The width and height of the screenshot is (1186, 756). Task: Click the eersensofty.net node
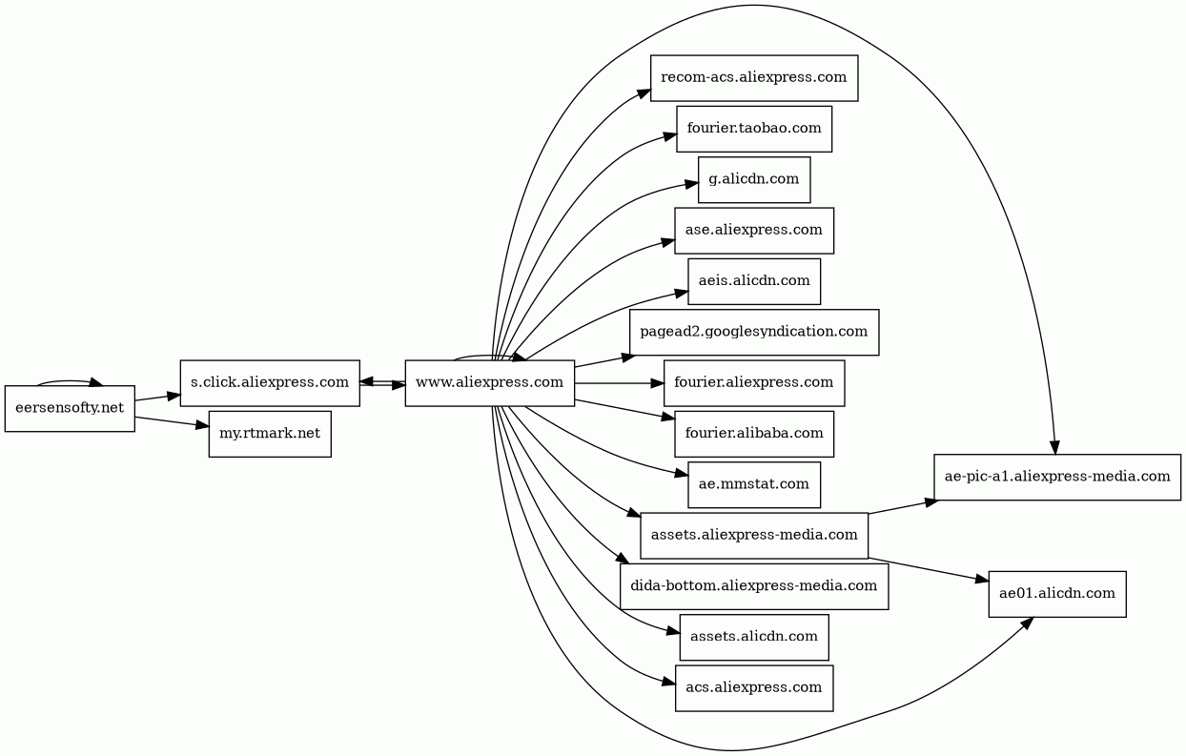(x=70, y=409)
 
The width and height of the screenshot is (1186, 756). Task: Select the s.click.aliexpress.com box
(x=270, y=383)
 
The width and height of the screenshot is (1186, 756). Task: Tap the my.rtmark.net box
(x=270, y=435)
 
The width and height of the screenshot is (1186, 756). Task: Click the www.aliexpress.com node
(x=489, y=383)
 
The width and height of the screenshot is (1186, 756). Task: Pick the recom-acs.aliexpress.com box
(x=754, y=78)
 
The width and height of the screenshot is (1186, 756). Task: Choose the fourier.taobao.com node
(x=754, y=129)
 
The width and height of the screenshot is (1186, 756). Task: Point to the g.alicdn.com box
(x=754, y=180)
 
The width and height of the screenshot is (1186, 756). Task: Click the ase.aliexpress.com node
(x=754, y=231)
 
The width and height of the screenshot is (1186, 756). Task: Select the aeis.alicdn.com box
(x=754, y=281)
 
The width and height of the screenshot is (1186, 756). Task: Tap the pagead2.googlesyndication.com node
(x=754, y=333)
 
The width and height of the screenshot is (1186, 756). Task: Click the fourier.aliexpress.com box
(x=754, y=383)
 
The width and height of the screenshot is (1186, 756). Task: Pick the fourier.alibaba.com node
(x=754, y=434)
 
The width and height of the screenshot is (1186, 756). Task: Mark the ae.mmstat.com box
(x=754, y=485)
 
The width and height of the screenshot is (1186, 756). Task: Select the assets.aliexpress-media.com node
(x=754, y=536)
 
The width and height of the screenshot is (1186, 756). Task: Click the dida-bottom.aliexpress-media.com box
(x=754, y=586)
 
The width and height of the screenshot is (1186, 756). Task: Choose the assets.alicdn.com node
(x=754, y=638)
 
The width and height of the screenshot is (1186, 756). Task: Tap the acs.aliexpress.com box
(x=754, y=688)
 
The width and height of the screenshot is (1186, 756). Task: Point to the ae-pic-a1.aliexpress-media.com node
(x=1057, y=478)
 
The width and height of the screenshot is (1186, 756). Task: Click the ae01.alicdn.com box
(x=1057, y=594)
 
